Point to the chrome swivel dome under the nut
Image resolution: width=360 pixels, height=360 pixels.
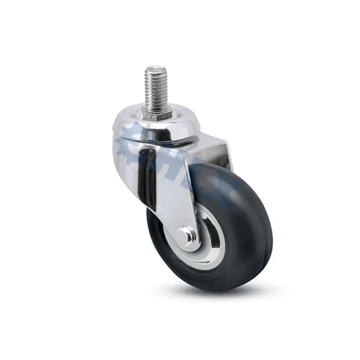tap(166, 130)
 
